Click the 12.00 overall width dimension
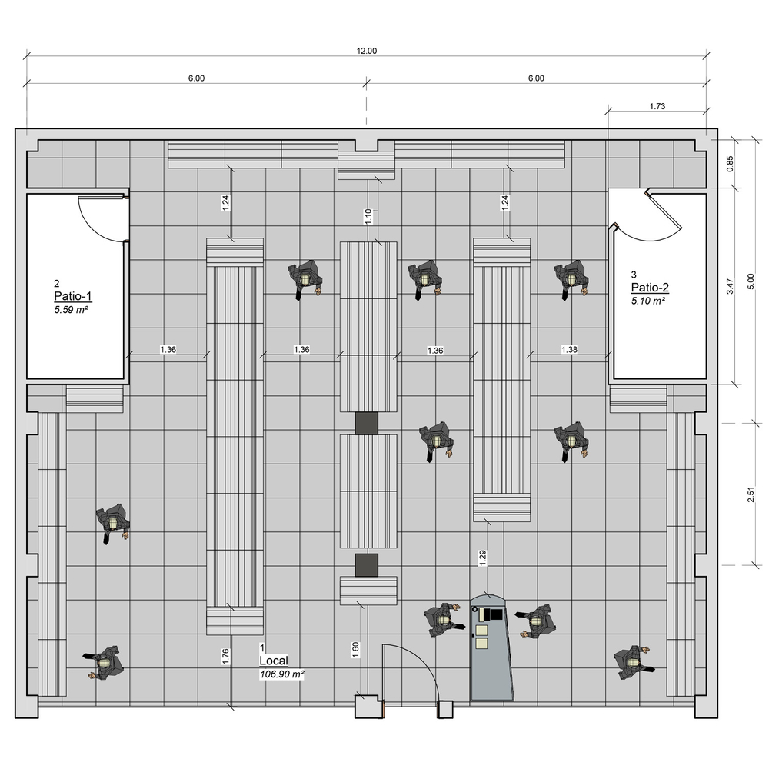[x=366, y=51]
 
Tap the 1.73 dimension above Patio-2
[x=657, y=106]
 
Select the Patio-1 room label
[x=72, y=296]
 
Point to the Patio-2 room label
[x=650, y=288]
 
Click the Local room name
[x=274, y=661]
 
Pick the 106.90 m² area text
[x=282, y=674]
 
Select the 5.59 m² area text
[x=71, y=310]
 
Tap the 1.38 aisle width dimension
[x=569, y=350]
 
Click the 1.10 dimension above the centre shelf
[x=368, y=216]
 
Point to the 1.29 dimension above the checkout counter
[x=483, y=558]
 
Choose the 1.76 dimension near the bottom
[x=225, y=657]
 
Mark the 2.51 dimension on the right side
[x=751, y=494]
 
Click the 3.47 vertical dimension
[x=730, y=286]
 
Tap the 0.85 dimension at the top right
[x=730, y=164]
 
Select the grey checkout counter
[x=491, y=648]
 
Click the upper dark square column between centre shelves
[x=366, y=423]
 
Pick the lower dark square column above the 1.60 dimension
[x=366, y=565]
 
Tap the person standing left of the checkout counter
[x=444, y=620]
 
